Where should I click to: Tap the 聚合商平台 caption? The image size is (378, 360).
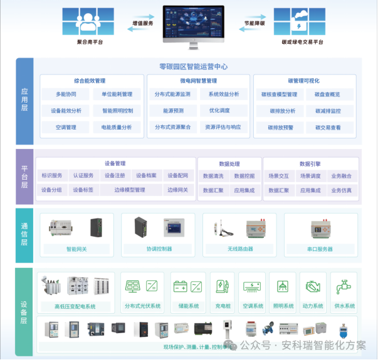pyautogui.click(x=90, y=42)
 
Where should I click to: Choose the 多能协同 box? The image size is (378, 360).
pyautogui.click(x=66, y=95)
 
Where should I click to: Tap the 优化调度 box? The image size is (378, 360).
pyautogui.click(x=219, y=111)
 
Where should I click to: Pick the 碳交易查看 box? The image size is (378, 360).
pyautogui.click(x=328, y=127)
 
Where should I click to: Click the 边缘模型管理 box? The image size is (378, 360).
pyautogui.click(x=130, y=190)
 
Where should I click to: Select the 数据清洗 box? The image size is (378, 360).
pyautogui.click(x=213, y=176)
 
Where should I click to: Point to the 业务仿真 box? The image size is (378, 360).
pyautogui.click(x=341, y=190)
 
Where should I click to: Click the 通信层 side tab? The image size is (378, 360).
pyautogui.click(x=24, y=235)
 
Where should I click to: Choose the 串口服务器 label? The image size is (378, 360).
pyautogui.click(x=320, y=249)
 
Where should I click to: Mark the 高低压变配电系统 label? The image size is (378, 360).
pyautogui.click(x=75, y=306)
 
